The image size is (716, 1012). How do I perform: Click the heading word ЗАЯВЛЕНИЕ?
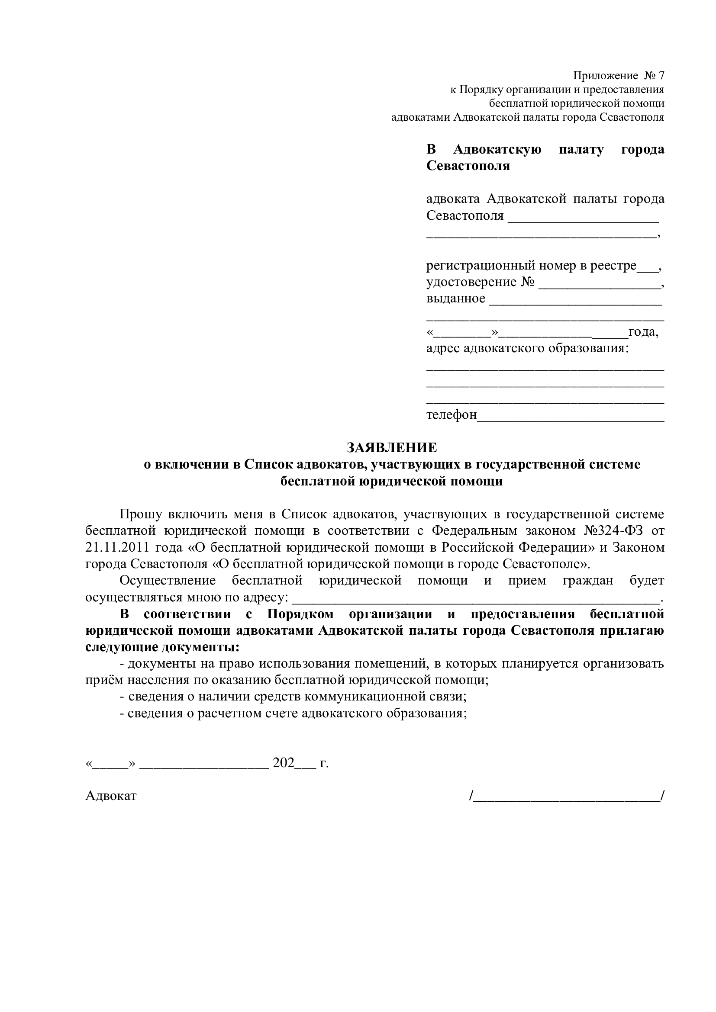[391, 448]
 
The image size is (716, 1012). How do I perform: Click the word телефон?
[452, 415]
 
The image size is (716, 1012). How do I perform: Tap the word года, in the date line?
[643, 332]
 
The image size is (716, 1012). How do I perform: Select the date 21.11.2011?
[116, 547]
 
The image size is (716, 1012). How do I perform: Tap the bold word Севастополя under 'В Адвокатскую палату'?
[468, 166]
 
